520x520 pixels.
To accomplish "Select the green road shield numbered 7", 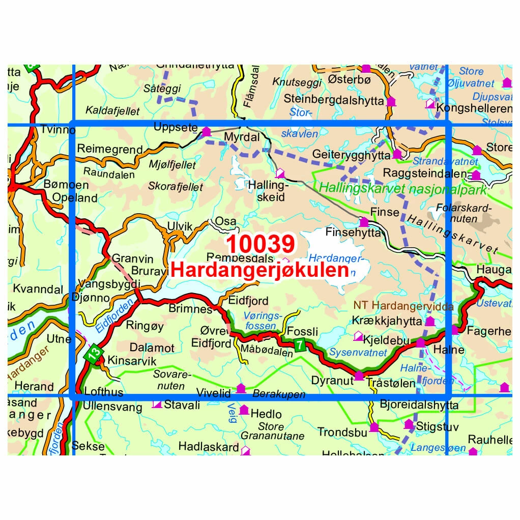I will (300, 345).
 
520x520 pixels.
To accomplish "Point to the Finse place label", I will (385, 212).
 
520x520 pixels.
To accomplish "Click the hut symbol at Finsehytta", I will (364, 222).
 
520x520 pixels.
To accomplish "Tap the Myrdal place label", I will (242, 138).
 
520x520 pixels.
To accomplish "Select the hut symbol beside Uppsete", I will (206, 132).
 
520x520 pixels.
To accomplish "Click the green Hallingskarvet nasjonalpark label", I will (402, 188).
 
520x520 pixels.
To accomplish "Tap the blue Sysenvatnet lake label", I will (358, 352).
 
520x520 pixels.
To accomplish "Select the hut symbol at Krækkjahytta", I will (430, 321).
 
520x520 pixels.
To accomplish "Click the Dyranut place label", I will (332, 379).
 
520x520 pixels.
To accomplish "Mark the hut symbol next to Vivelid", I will (241, 389).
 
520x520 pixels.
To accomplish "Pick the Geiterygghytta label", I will (352, 154).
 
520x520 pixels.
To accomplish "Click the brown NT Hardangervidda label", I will (402, 306).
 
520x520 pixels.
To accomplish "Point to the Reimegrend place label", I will (110, 149).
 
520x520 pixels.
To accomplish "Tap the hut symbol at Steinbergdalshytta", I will (391, 101).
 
